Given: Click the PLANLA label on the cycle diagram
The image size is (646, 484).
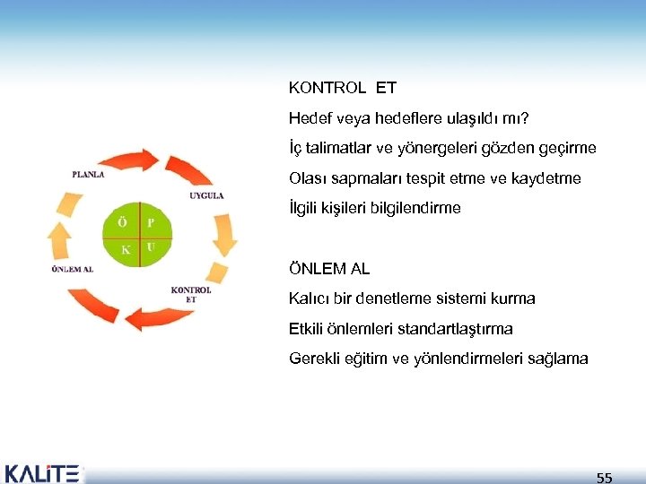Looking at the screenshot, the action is pyautogui.click(x=88, y=174).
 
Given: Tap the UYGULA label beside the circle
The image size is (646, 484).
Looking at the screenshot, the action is pyautogui.click(x=206, y=195).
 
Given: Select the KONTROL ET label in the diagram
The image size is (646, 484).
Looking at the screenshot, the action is pyautogui.click(x=191, y=294).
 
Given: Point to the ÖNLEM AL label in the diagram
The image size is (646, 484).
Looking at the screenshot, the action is pyautogui.click(x=72, y=268).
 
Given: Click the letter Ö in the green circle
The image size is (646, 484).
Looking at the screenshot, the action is pyautogui.click(x=122, y=220).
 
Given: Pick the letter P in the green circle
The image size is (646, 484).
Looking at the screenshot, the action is pyautogui.click(x=151, y=221).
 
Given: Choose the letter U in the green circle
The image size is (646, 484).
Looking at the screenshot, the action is pyautogui.click(x=151, y=246).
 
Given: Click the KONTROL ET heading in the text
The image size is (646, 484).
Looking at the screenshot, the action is pyautogui.click(x=342, y=89).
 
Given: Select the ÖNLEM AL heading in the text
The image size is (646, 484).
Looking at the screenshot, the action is pyautogui.click(x=329, y=268).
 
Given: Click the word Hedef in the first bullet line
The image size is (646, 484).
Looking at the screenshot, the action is pyautogui.click(x=310, y=118).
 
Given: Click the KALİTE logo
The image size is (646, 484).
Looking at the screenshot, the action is pyautogui.click(x=42, y=472).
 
